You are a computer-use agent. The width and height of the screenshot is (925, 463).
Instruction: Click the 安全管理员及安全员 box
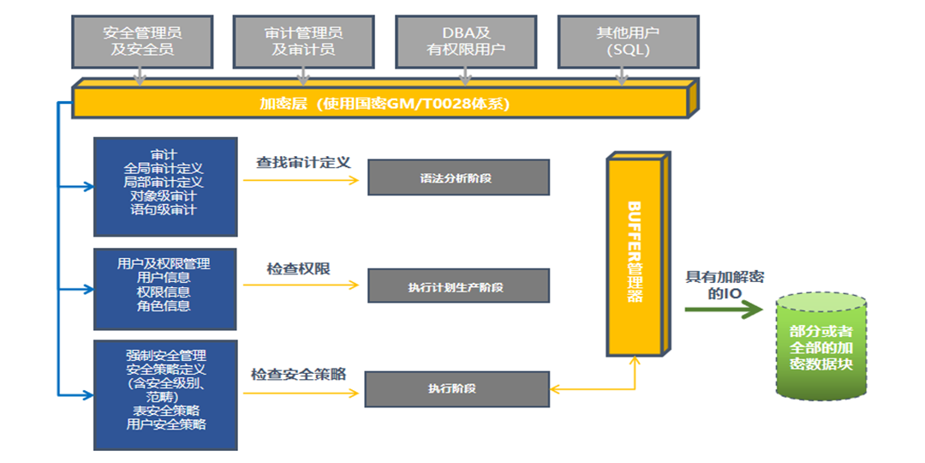tap(142, 41)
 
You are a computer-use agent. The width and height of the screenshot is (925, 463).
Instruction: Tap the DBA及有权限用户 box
tap(466, 41)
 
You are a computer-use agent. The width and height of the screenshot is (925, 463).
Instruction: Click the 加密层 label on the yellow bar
tap(385, 104)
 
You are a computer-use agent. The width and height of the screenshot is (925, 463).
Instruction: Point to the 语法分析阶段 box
tap(458, 177)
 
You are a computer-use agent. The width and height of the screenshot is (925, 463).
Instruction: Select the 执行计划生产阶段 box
tap(458, 286)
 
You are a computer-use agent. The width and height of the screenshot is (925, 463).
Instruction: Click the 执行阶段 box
tap(457, 388)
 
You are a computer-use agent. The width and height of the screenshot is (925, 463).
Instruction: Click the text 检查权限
tap(298, 268)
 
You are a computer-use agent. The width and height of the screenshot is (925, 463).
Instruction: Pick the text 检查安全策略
tap(298, 375)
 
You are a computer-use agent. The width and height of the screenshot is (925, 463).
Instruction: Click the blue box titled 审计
tap(164, 186)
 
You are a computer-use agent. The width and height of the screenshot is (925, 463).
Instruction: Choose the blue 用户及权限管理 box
tap(164, 288)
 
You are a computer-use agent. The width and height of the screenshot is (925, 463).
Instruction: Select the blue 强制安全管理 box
tap(164, 394)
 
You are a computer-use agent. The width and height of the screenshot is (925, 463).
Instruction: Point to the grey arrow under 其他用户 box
tap(623, 78)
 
